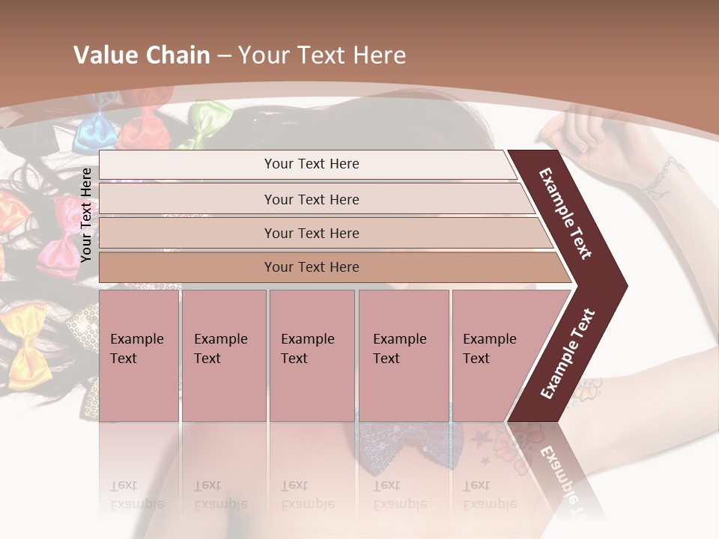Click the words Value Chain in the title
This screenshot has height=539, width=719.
142,55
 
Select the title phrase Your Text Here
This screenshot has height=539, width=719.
321,55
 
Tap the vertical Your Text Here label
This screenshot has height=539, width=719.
86,215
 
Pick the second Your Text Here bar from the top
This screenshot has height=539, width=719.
311,199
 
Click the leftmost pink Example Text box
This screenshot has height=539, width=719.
139,356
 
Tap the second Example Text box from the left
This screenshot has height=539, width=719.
223,356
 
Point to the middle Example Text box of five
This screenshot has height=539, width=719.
312,356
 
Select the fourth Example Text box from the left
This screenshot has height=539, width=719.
403,356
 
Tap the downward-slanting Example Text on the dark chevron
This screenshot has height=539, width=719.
565,213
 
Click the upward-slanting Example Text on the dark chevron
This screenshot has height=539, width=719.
568,354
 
